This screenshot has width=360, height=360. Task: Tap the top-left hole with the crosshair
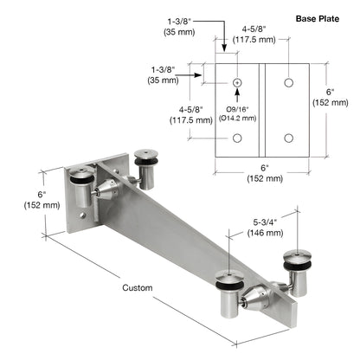click(x=236, y=82)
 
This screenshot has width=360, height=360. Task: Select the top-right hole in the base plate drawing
click(x=289, y=82)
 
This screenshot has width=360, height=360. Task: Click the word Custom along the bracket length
click(x=137, y=287)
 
